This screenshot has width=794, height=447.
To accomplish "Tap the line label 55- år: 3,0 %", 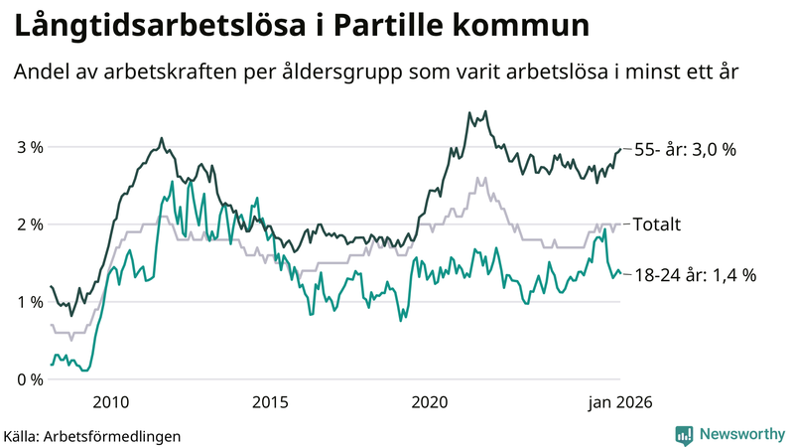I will coord(685,150).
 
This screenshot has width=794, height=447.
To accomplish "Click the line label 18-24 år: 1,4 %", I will coord(694,275).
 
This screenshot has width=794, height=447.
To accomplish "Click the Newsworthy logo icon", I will coord(684,434).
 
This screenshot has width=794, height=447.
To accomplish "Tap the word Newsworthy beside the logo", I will coord(740,434).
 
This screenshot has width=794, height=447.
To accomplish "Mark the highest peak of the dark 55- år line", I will coord(485,111).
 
